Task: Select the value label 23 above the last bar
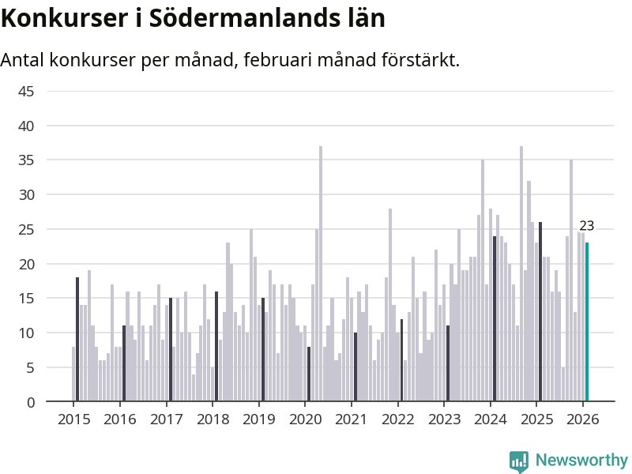586,226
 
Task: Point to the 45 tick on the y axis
26,92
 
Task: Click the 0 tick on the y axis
30,402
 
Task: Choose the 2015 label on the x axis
73,419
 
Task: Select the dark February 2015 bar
77,340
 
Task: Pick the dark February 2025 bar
540,312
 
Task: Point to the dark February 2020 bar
309,374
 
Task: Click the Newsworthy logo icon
519,461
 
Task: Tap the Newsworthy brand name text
581,460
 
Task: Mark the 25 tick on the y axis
26,230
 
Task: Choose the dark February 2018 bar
216,347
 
